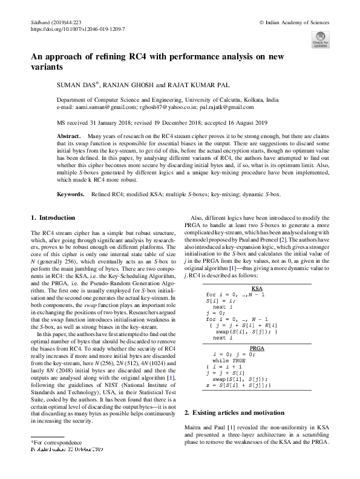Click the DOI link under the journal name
(x=77, y=28)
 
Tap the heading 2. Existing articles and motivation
(x=231, y=412)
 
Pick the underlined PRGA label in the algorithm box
(x=257, y=349)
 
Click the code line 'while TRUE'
(x=236, y=362)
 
